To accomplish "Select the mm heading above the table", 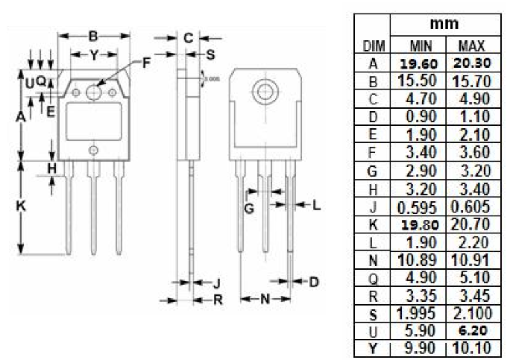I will coord(449,25).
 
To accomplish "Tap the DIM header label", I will coord(374,45).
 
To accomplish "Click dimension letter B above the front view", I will coord(93,36).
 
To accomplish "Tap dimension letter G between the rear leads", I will coord(249,208).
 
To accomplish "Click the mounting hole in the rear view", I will coord(262,92).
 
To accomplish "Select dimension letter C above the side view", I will coord(189,37).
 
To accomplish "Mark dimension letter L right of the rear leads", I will coord(316,205).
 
